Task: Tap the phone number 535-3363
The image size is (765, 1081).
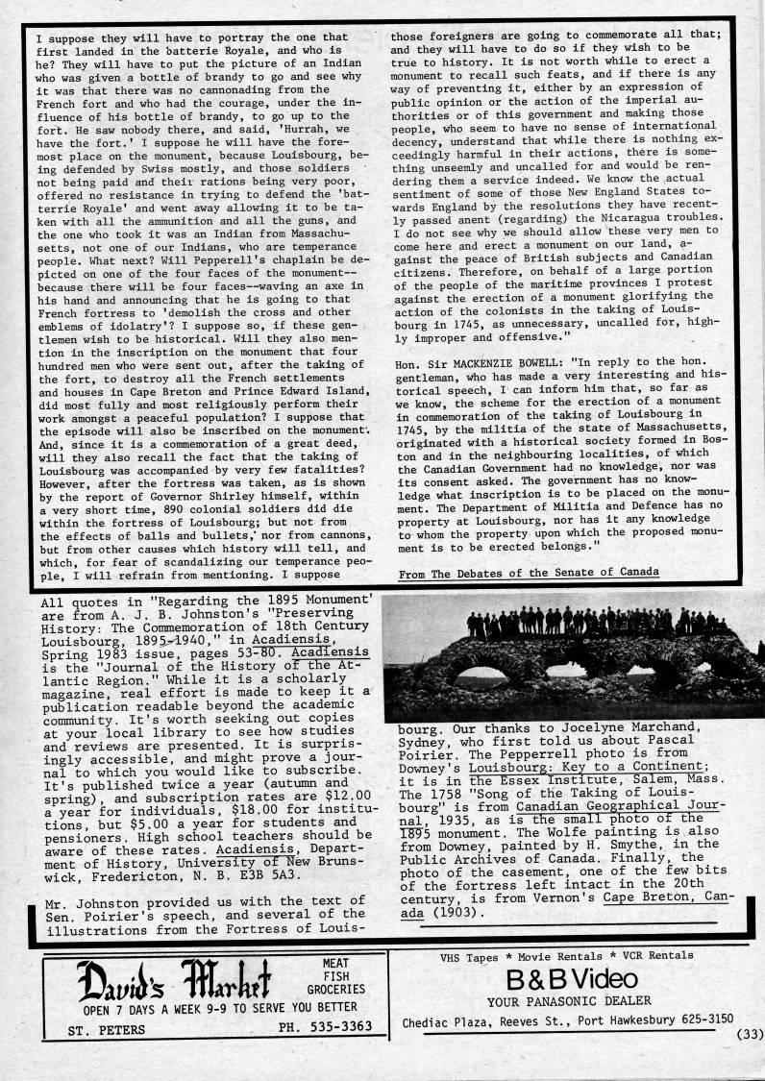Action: [x=333, y=1028]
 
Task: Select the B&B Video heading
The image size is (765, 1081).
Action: [x=571, y=979]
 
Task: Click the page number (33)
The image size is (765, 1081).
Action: [x=749, y=1034]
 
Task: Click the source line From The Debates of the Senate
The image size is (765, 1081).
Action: [x=529, y=571]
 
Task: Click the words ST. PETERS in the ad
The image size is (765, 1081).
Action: [x=107, y=1029]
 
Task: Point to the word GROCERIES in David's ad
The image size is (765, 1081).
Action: [x=335, y=988]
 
